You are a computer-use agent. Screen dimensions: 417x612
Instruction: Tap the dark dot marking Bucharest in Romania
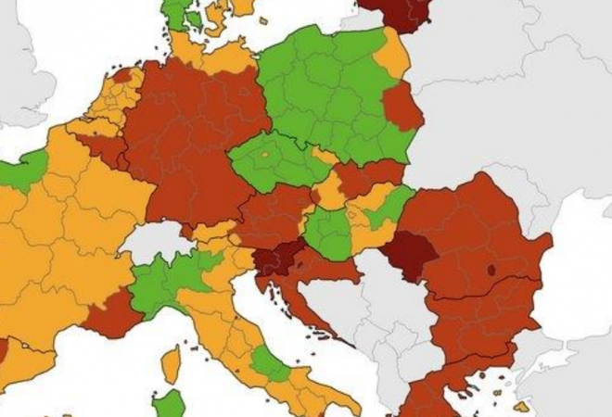(x=491, y=271)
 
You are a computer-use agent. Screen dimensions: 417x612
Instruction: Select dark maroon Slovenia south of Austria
(x=276, y=260)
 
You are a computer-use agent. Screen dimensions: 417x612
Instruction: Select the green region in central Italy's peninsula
(x=268, y=363)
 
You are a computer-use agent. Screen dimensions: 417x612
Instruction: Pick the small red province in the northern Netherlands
(x=122, y=74)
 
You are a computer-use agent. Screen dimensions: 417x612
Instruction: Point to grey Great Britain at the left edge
(x=19, y=56)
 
